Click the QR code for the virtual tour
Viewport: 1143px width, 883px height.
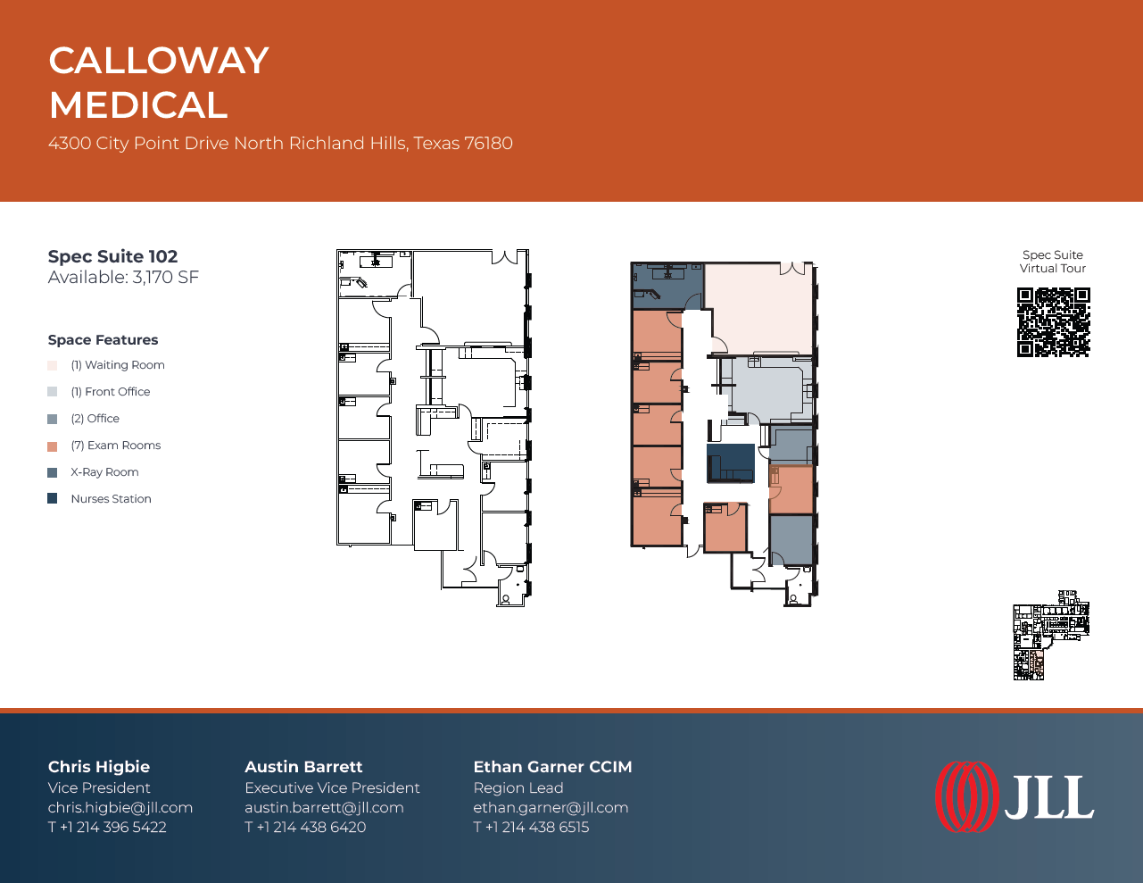pos(1053,322)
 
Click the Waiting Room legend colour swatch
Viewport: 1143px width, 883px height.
pos(52,365)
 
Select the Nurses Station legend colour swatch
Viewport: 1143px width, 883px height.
pos(52,498)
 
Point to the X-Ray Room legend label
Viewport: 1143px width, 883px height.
pos(104,472)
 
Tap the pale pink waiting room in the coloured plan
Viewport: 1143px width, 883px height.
pos(760,308)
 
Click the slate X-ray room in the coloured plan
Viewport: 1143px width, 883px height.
pos(667,286)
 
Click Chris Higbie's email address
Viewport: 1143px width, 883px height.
pos(120,807)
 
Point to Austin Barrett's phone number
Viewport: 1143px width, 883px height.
pos(305,827)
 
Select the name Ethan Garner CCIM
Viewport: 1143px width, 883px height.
pos(552,767)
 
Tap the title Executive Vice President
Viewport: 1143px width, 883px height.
pos(332,787)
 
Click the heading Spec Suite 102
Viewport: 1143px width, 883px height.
pos(112,256)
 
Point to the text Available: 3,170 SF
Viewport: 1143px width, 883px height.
pos(123,277)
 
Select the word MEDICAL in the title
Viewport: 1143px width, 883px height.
pos(138,104)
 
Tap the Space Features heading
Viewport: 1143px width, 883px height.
pos(103,340)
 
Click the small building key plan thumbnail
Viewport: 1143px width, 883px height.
pos(1051,635)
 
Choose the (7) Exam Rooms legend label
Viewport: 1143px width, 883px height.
pos(116,446)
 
